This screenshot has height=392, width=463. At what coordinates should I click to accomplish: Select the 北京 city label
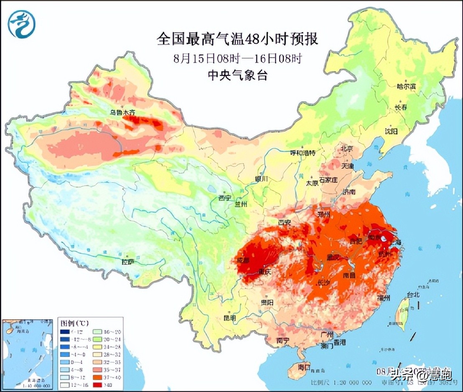click(x=346, y=148)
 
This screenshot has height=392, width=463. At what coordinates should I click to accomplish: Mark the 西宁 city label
click(x=224, y=198)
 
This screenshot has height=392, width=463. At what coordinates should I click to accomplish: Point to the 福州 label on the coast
click(x=383, y=298)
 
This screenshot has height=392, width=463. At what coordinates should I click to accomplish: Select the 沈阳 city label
click(x=392, y=131)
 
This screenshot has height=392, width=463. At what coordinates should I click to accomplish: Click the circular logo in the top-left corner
click(x=21, y=24)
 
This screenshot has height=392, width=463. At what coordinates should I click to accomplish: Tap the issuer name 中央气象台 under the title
click(x=237, y=75)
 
